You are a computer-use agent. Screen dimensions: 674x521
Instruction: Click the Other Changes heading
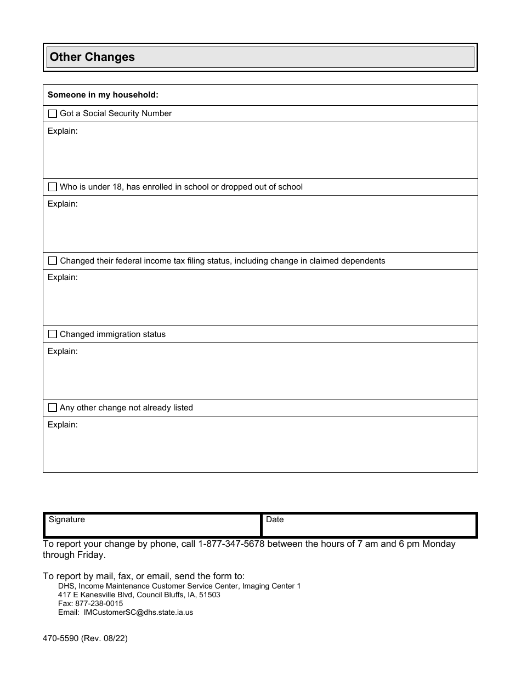[x=92, y=57]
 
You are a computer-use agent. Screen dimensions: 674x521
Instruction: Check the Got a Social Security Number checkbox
[x=53, y=113]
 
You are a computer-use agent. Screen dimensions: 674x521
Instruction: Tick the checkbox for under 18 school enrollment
[x=53, y=187]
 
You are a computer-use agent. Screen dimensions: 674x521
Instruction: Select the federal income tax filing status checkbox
[x=53, y=261]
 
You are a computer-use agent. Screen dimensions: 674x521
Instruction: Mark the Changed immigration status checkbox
[x=53, y=334]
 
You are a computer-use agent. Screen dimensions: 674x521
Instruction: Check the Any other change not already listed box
[x=53, y=408]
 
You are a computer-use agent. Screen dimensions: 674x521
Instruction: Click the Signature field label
[x=67, y=519]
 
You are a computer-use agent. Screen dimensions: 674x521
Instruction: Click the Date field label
[x=275, y=519]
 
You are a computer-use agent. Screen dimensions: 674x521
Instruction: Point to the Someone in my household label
[x=103, y=95]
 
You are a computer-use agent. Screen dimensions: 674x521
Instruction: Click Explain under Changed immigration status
[x=63, y=351]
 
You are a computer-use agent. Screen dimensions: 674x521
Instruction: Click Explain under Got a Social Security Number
[x=63, y=131]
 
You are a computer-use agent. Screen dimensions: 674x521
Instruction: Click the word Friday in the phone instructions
[x=90, y=555]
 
